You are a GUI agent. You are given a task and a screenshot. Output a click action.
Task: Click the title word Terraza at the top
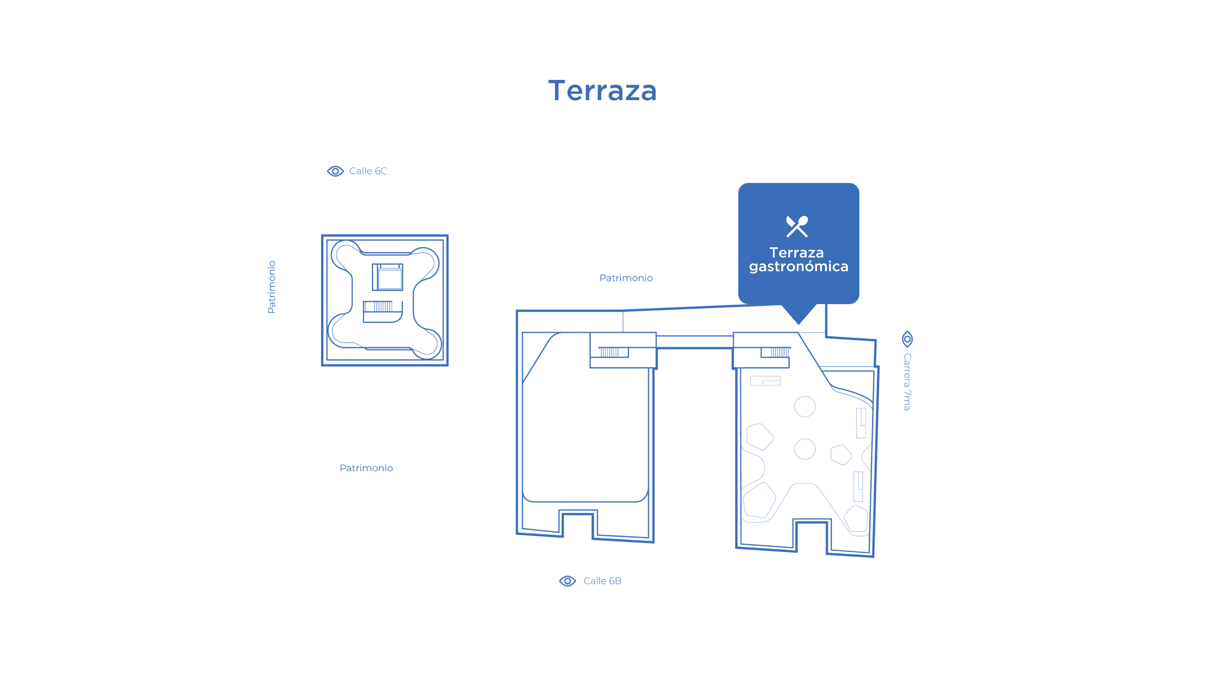[602, 90]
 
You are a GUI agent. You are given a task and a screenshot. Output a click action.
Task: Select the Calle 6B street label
[602, 581]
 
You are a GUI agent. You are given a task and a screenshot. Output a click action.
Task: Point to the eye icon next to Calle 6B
[567, 581]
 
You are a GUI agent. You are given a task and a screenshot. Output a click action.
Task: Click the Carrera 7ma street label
[907, 382]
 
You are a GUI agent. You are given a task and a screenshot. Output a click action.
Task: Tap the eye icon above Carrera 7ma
[907, 339]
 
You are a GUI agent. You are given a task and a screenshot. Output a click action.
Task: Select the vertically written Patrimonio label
[271, 287]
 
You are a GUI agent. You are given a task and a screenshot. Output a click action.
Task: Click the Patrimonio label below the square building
[366, 468]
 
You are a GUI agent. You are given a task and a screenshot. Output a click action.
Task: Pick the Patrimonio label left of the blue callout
[626, 278]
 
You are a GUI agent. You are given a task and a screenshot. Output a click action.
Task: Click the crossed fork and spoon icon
[797, 226]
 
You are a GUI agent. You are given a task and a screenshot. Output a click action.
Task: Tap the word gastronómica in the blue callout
[799, 267]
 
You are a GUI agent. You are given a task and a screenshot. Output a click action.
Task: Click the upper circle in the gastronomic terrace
[804, 406]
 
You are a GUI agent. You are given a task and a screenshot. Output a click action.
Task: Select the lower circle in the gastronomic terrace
[804, 449]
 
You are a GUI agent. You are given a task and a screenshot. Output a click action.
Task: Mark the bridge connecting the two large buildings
[695, 342]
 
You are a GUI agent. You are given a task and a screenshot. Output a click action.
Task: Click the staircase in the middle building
[613, 352]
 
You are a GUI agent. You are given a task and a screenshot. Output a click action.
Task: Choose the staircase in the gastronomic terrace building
[775, 352]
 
